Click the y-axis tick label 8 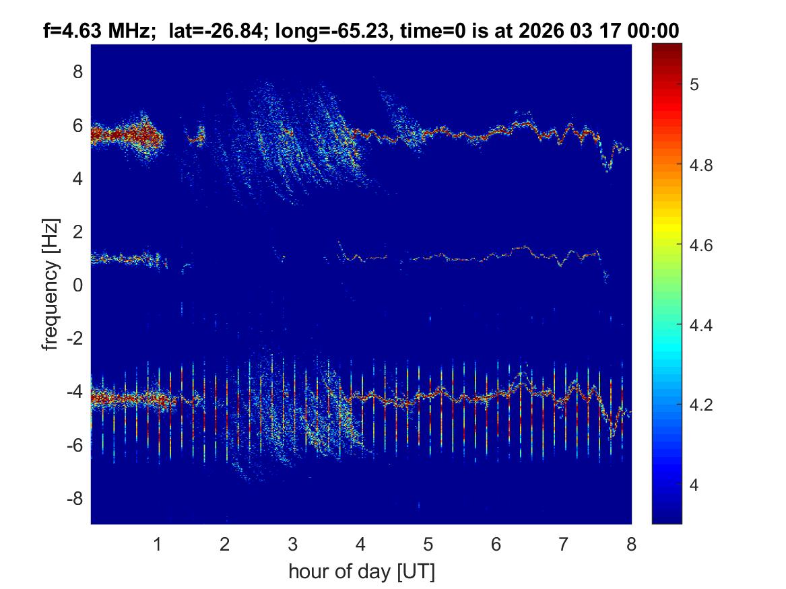pyautogui.click(x=78, y=71)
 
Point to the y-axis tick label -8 pyautogui.click(x=75, y=499)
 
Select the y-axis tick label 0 pyautogui.click(x=78, y=285)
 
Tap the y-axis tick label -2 pyautogui.click(x=75, y=339)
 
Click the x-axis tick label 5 pyautogui.click(x=428, y=544)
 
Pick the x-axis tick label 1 pyautogui.click(x=158, y=544)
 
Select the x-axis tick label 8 pyautogui.click(x=631, y=544)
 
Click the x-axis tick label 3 pyautogui.click(x=293, y=544)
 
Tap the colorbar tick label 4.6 pyautogui.click(x=704, y=245)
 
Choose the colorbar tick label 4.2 pyautogui.click(x=704, y=405)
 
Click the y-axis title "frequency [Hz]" pyautogui.click(x=51, y=284)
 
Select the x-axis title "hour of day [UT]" pyautogui.click(x=361, y=571)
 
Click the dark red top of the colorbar pyautogui.click(x=667, y=47)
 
